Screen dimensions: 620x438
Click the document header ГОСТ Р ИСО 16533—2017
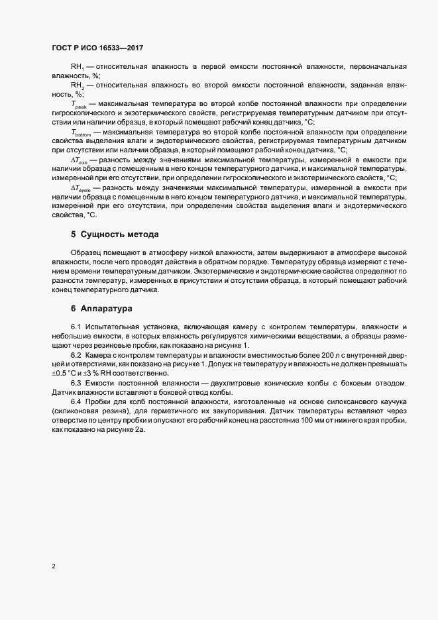click(x=97, y=48)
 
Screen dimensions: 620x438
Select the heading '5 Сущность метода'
click(x=113, y=235)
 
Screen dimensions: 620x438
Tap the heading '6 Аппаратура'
click(x=102, y=309)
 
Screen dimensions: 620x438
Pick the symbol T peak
click(x=78, y=105)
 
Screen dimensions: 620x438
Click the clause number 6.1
click(x=76, y=328)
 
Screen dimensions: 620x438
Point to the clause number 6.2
click(x=76, y=356)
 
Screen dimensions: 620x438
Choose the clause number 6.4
click(x=76, y=402)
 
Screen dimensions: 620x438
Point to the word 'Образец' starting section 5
click(x=87, y=254)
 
